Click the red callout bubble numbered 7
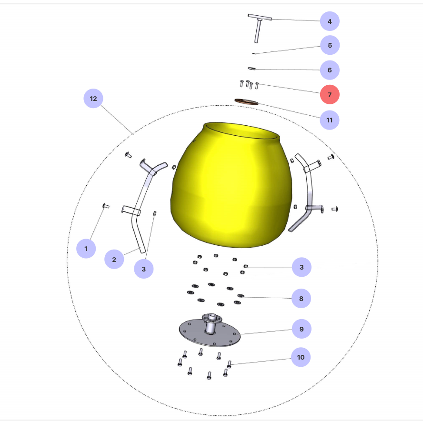tap(330, 94)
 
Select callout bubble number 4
tap(330, 21)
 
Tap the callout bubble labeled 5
tap(330, 45)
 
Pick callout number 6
tap(330, 70)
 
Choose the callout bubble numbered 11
tap(330, 120)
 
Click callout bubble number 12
tap(93, 99)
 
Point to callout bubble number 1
tap(86, 248)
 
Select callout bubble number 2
tap(114, 260)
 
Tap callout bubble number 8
tap(301, 299)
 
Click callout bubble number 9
tap(302, 329)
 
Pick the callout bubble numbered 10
tap(301, 357)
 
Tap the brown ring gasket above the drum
tap(246, 102)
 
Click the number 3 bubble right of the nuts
tap(302, 267)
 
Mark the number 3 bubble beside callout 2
tap(144, 269)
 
